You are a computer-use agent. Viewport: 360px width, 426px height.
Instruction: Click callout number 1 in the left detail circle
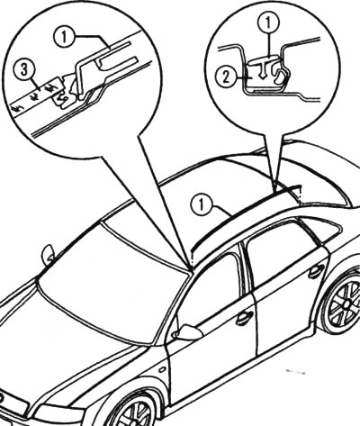tap(64, 37)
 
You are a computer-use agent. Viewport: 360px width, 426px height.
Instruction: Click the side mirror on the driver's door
tap(187, 332)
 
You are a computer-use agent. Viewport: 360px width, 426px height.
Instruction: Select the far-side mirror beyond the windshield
tap(48, 256)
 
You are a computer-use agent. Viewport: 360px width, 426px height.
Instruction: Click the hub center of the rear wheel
tap(346, 304)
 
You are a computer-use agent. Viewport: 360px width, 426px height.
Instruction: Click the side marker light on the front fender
tap(162, 369)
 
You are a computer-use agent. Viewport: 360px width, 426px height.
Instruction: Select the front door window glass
tap(210, 288)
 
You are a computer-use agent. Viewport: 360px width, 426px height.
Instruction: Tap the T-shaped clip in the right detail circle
tap(262, 68)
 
